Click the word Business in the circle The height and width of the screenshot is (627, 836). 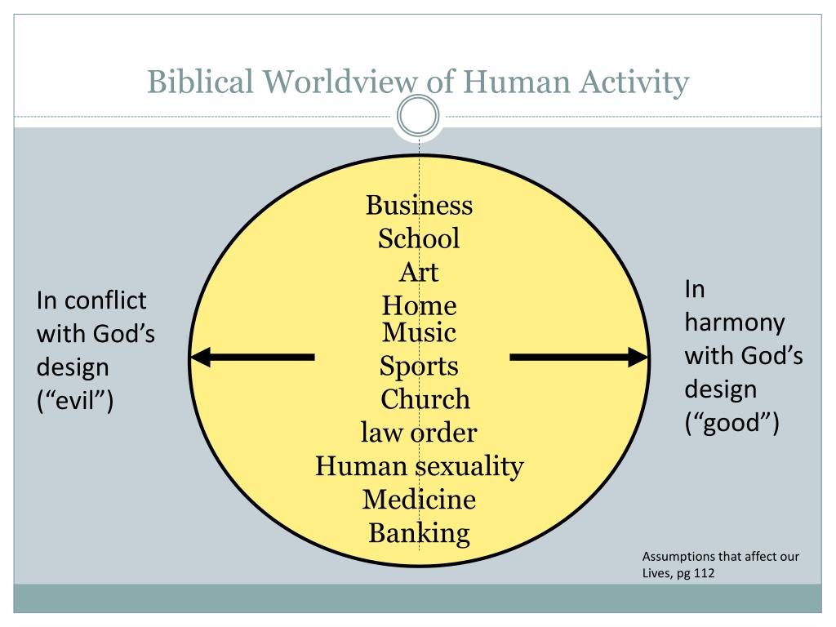pyautogui.click(x=419, y=205)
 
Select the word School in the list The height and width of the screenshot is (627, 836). pyautogui.click(x=419, y=238)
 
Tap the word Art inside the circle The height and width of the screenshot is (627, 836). pyautogui.click(x=419, y=272)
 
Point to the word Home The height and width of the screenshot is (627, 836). pyautogui.click(x=419, y=305)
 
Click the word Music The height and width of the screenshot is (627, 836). pyautogui.click(x=419, y=332)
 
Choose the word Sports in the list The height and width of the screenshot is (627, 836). pyautogui.click(x=419, y=367)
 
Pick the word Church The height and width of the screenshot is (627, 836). pyautogui.click(x=425, y=398)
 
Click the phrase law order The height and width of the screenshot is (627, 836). pyautogui.click(x=419, y=433)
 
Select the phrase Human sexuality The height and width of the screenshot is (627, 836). pyautogui.click(x=420, y=467)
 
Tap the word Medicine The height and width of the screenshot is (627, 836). pyautogui.click(x=419, y=500)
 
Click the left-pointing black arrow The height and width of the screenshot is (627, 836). pyautogui.click(x=253, y=358)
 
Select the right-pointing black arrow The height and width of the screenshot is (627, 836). pyautogui.click(x=579, y=358)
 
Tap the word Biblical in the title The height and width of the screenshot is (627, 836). pyautogui.click(x=200, y=82)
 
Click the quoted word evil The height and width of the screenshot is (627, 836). pyautogui.click(x=75, y=400)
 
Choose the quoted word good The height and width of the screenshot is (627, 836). pyautogui.click(x=732, y=424)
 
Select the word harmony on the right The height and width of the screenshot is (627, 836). pyautogui.click(x=735, y=323)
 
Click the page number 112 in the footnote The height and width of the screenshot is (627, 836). pyautogui.click(x=704, y=573)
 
